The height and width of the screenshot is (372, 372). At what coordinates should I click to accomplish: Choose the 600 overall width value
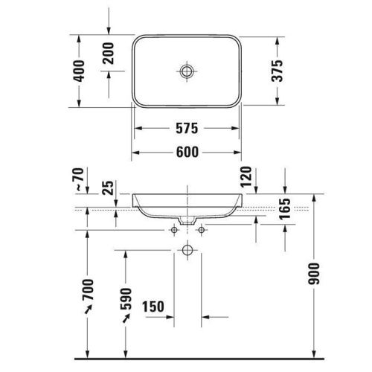coord(187,152)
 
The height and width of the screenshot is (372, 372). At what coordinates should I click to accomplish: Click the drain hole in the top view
coord(187,71)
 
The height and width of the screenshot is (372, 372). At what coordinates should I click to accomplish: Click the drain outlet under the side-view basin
coord(187,221)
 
